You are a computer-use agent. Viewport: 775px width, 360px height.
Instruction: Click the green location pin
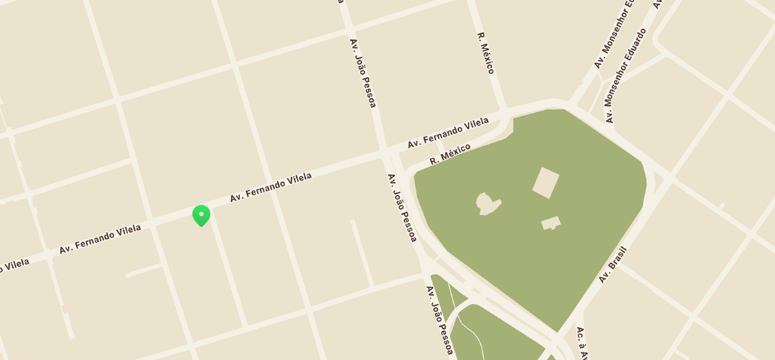pyautogui.click(x=201, y=215)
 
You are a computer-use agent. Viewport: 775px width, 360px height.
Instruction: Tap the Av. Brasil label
pyautogui.click(x=612, y=264)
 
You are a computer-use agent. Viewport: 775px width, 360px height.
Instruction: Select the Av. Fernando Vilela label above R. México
pyautogui.click(x=448, y=132)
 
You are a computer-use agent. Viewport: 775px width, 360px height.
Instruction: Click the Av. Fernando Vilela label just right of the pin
pyautogui.click(x=271, y=188)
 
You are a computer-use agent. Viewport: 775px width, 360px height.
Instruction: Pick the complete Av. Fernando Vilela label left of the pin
pyautogui.click(x=100, y=239)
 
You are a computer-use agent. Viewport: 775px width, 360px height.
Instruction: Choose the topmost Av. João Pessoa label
pyautogui.click(x=363, y=73)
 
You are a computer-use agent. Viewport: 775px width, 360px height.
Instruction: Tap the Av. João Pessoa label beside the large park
pyautogui.click(x=402, y=207)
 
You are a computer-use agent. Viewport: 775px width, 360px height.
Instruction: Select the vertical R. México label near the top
pyautogui.click(x=485, y=53)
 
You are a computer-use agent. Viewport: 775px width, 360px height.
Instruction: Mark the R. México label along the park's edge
pyautogui.click(x=450, y=154)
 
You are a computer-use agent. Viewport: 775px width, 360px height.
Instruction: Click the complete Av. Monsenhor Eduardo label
pyautogui.click(x=625, y=76)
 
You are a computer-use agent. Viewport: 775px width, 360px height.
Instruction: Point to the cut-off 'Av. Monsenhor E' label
pyautogui.click(x=614, y=35)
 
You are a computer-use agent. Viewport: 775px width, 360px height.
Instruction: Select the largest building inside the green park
pyautogui.click(x=545, y=183)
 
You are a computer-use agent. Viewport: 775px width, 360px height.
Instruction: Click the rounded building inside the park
pyautogui.click(x=488, y=204)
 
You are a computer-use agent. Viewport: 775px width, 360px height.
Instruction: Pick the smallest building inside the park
pyautogui.click(x=551, y=223)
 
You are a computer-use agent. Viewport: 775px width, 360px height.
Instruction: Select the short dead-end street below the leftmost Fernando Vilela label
pyautogui.click(x=144, y=271)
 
